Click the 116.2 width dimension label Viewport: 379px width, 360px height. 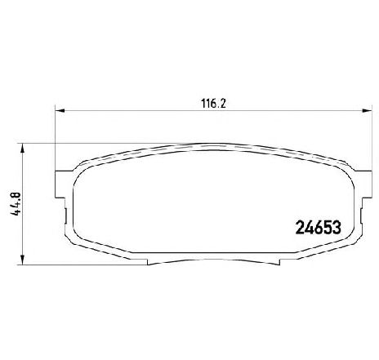[x=214, y=104]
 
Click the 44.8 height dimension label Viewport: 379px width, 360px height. [x=16, y=204]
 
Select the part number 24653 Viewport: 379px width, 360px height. [x=318, y=228]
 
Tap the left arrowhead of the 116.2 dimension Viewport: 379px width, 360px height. [x=60, y=110]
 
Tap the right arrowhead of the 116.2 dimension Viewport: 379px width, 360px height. [x=367, y=110]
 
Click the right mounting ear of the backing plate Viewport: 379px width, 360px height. [x=363, y=184]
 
